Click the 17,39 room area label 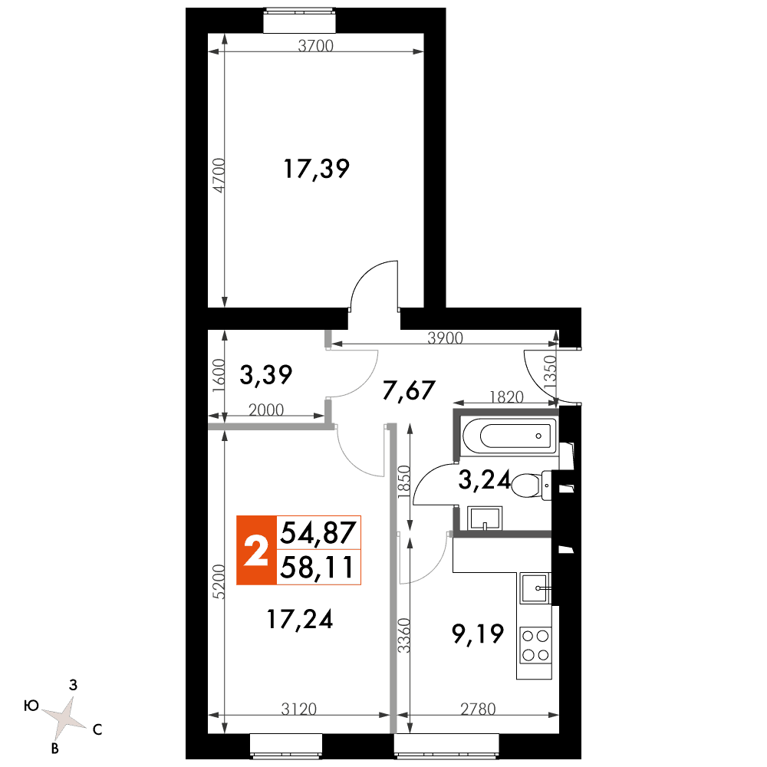[x=317, y=170]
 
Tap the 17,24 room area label [x=300, y=619]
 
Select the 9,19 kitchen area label [x=477, y=635]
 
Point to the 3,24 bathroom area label [x=484, y=480]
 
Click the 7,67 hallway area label [x=409, y=391]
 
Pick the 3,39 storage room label [x=265, y=375]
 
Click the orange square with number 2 [x=256, y=550]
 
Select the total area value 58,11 [x=317, y=568]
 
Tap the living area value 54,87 [x=318, y=533]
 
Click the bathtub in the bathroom [x=510, y=436]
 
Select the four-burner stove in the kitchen [x=535, y=645]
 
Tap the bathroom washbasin [x=485, y=518]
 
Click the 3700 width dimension [x=315, y=46]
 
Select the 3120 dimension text [x=299, y=709]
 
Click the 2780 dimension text [x=478, y=709]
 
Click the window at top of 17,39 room [x=299, y=20]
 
